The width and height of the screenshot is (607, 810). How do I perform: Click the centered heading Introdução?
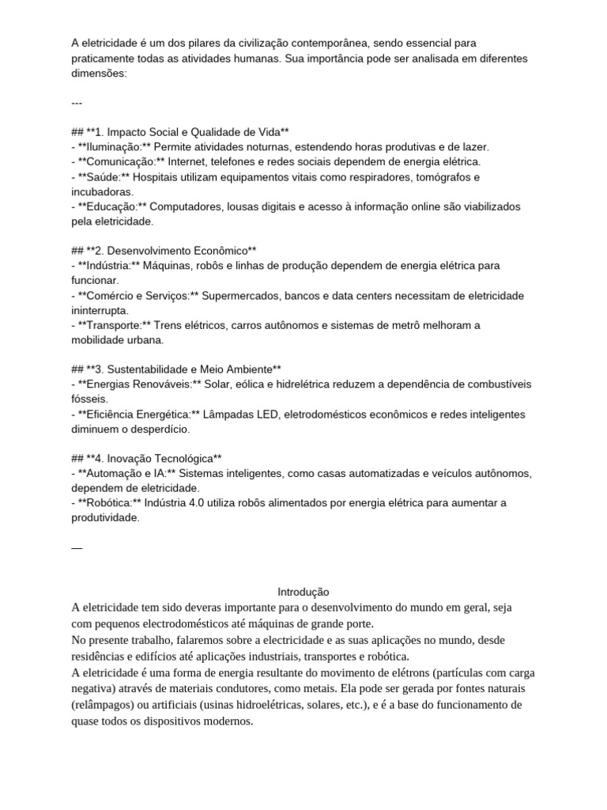(303, 592)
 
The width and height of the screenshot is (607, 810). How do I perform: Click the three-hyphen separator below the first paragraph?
(77, 103)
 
